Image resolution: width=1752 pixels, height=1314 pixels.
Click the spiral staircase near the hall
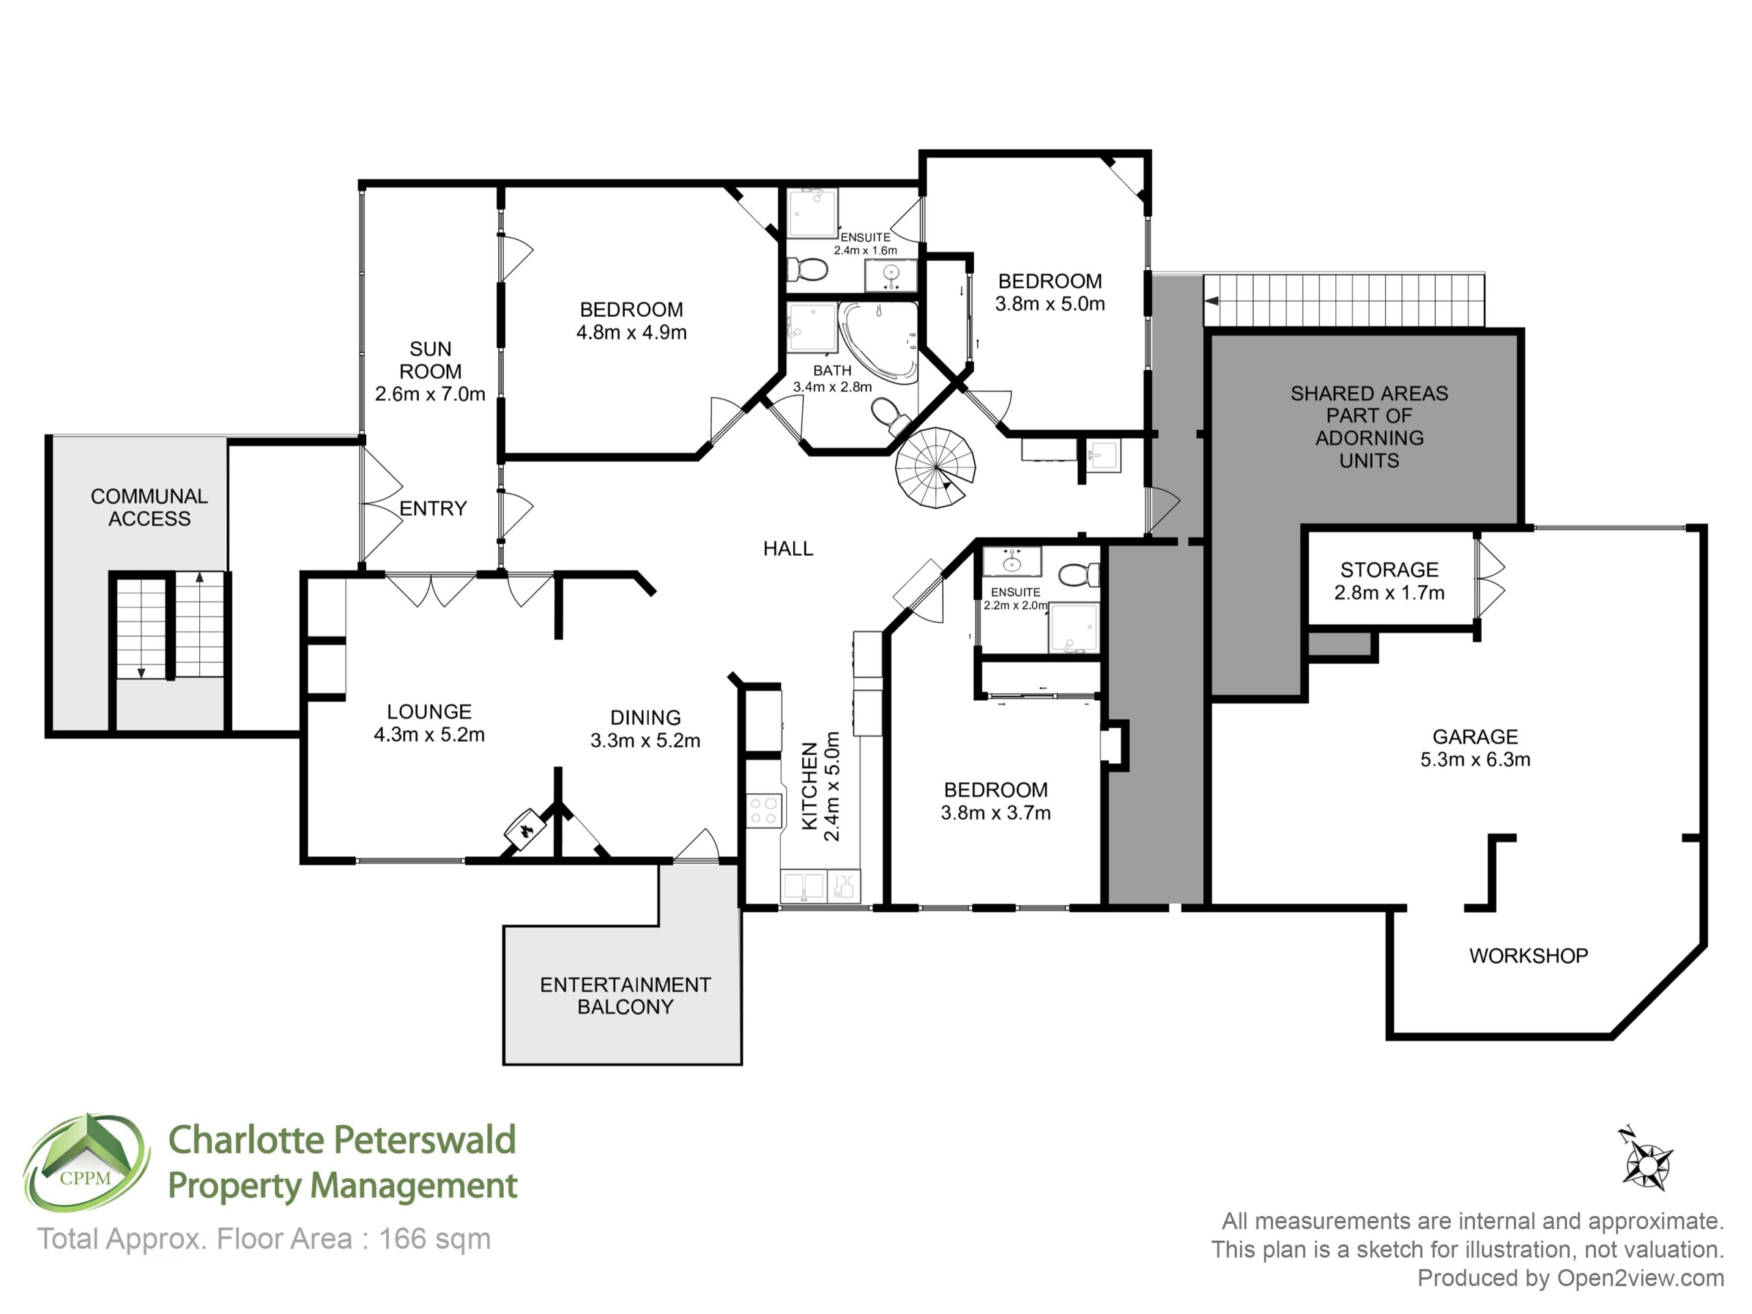point(935,467)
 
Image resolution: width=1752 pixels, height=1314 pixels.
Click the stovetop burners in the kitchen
point(764,810)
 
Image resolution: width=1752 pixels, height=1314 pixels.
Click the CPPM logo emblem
point(86,1163)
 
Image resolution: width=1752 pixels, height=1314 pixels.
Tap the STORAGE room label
point(1389,569)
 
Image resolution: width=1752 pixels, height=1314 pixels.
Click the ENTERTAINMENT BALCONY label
point(625,996)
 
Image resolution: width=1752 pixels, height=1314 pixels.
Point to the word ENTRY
point(433,508)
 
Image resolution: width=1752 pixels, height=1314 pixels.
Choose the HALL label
point(788,548)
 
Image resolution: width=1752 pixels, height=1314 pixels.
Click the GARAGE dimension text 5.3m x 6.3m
point(1475,760)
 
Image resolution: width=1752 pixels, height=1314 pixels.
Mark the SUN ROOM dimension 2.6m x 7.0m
point(430,394)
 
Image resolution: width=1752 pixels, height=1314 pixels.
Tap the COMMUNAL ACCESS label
point(149,507)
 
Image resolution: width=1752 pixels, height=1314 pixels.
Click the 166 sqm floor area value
point(435,1239)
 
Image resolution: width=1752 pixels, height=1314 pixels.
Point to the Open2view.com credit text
point(1640,1278)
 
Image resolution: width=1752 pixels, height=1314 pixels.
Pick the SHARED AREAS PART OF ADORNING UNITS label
point(1369,427)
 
